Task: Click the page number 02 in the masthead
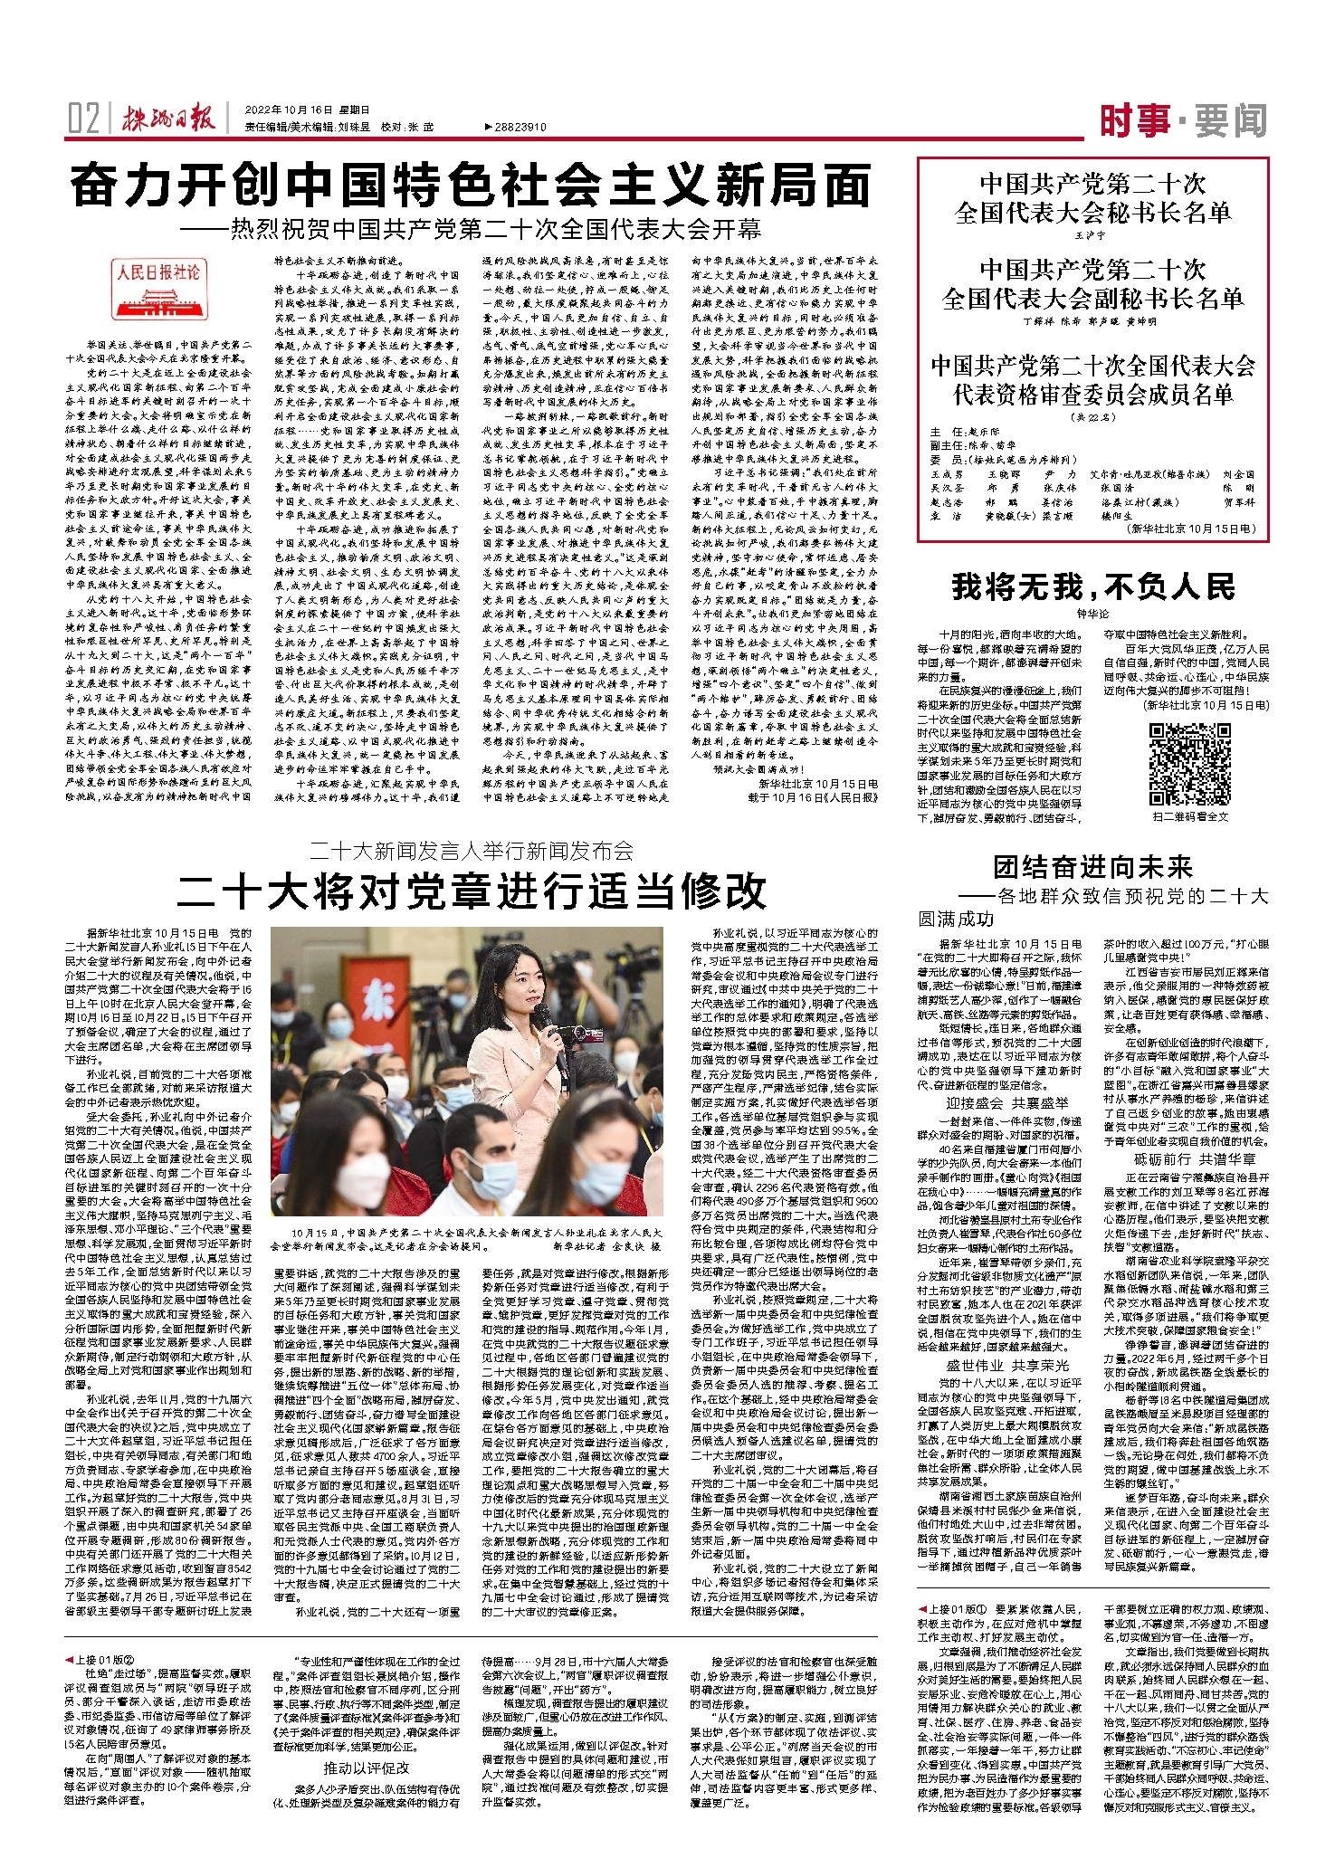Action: pos(83,119)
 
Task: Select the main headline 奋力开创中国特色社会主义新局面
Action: pos(471,187)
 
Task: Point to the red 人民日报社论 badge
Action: pos(158,272)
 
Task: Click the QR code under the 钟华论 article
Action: pos(1189,765)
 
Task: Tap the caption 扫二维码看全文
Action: pos(1189,817)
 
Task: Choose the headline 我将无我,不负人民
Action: pos(1092,587)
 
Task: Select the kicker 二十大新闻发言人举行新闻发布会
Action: pos(471,851)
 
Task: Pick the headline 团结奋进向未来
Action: pos(1092,867)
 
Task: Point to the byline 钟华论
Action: pos(1092,614)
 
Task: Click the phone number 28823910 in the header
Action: pos(516,128)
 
